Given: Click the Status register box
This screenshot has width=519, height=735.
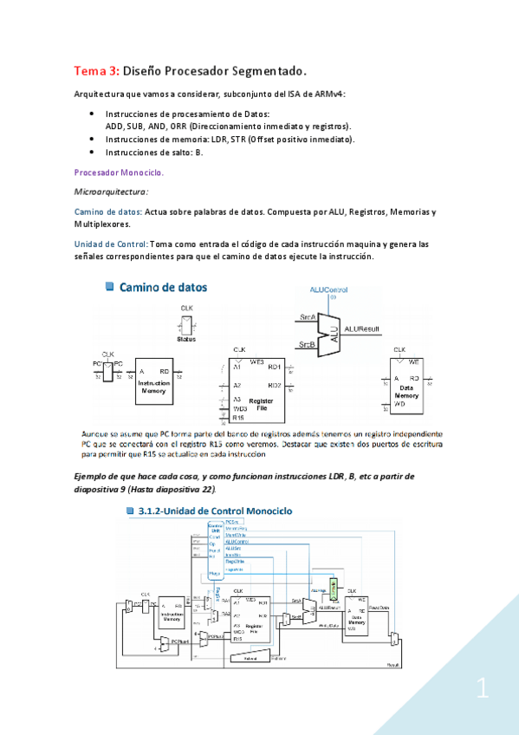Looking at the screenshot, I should tap(187, 326).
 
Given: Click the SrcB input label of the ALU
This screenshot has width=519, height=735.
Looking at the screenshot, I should tap(307, 344).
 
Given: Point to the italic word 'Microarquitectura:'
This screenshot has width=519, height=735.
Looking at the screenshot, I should tap(111, 191).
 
